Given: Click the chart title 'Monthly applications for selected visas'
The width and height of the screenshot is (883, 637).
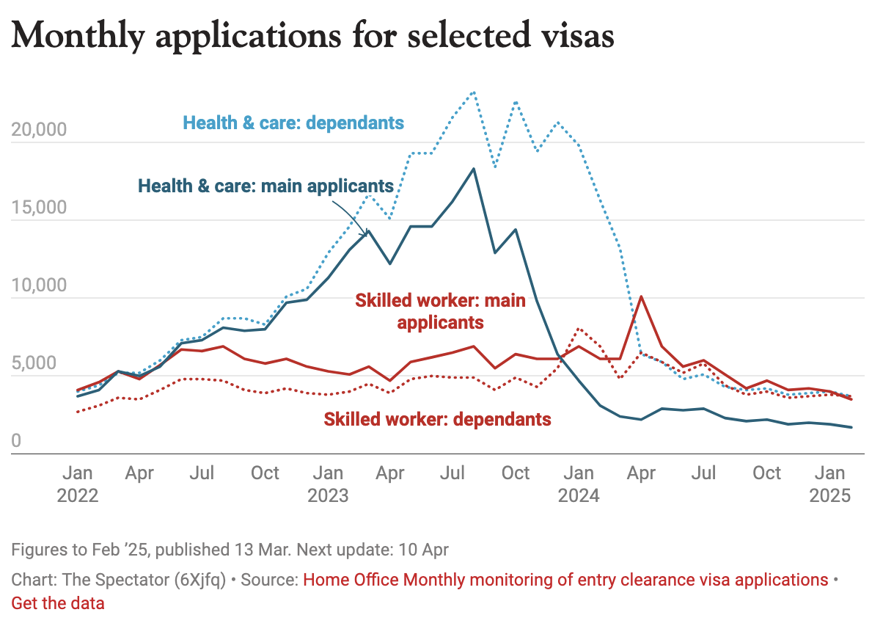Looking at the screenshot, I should tap(312, 36).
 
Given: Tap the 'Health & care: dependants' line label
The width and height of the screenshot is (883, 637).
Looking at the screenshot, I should tap(293, 122).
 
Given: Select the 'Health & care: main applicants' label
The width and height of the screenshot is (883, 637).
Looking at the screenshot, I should tap(265, 186).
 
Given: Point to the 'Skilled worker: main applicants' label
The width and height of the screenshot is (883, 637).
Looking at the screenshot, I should tap(440, 311).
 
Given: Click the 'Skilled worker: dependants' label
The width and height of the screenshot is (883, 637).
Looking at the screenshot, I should tap(437, 419).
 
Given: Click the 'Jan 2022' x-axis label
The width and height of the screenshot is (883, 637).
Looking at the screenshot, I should tap(77, 484).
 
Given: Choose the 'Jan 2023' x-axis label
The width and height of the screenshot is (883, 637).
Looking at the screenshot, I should tap(328, 484).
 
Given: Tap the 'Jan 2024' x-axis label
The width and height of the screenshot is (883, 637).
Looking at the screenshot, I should tap(579, 484).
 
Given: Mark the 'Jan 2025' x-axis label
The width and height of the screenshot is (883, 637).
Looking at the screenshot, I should tap(829, 484).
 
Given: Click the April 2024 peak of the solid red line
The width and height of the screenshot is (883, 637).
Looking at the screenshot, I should tap(642, 296).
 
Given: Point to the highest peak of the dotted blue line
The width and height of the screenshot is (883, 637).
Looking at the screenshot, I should tap(474, 92).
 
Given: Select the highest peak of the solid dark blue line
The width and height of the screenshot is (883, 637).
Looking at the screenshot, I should tap(474, 169).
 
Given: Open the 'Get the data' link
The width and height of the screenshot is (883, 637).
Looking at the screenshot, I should tap(58, 603).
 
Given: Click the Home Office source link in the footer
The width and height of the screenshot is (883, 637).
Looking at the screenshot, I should tap(565, 580).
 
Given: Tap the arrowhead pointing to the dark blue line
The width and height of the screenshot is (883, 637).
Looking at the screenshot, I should tap(365, 235).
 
